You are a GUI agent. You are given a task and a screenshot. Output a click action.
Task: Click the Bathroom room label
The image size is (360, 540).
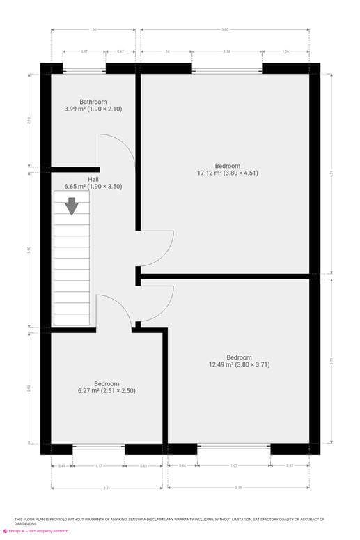point(93,102)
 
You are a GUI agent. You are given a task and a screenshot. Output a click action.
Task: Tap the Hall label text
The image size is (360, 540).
point(93,179)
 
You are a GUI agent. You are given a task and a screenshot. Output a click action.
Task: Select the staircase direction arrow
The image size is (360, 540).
point(72,206)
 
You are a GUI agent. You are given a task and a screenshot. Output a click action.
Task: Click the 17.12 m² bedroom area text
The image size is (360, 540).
point(227,173)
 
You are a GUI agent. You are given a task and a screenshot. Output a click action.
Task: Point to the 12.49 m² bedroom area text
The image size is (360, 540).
point(239,364)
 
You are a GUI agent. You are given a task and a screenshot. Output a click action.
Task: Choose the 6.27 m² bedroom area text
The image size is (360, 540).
point(107,391)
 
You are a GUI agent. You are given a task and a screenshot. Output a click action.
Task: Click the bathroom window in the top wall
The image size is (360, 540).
point(84,68)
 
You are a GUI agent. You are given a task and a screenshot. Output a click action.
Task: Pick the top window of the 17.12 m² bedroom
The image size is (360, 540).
point(227,68)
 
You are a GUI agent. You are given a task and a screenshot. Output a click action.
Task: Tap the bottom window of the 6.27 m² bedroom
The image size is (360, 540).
point(99,449)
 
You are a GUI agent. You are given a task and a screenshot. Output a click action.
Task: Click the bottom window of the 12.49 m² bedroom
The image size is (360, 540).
point(234,449)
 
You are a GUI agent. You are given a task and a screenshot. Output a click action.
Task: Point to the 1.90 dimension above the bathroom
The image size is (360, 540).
point(93,29)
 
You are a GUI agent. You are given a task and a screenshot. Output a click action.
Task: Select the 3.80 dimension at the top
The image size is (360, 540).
point(225,29)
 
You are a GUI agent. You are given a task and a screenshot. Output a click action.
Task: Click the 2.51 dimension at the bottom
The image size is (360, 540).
point(107,488)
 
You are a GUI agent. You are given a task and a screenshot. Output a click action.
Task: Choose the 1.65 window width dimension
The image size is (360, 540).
point(234,465)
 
